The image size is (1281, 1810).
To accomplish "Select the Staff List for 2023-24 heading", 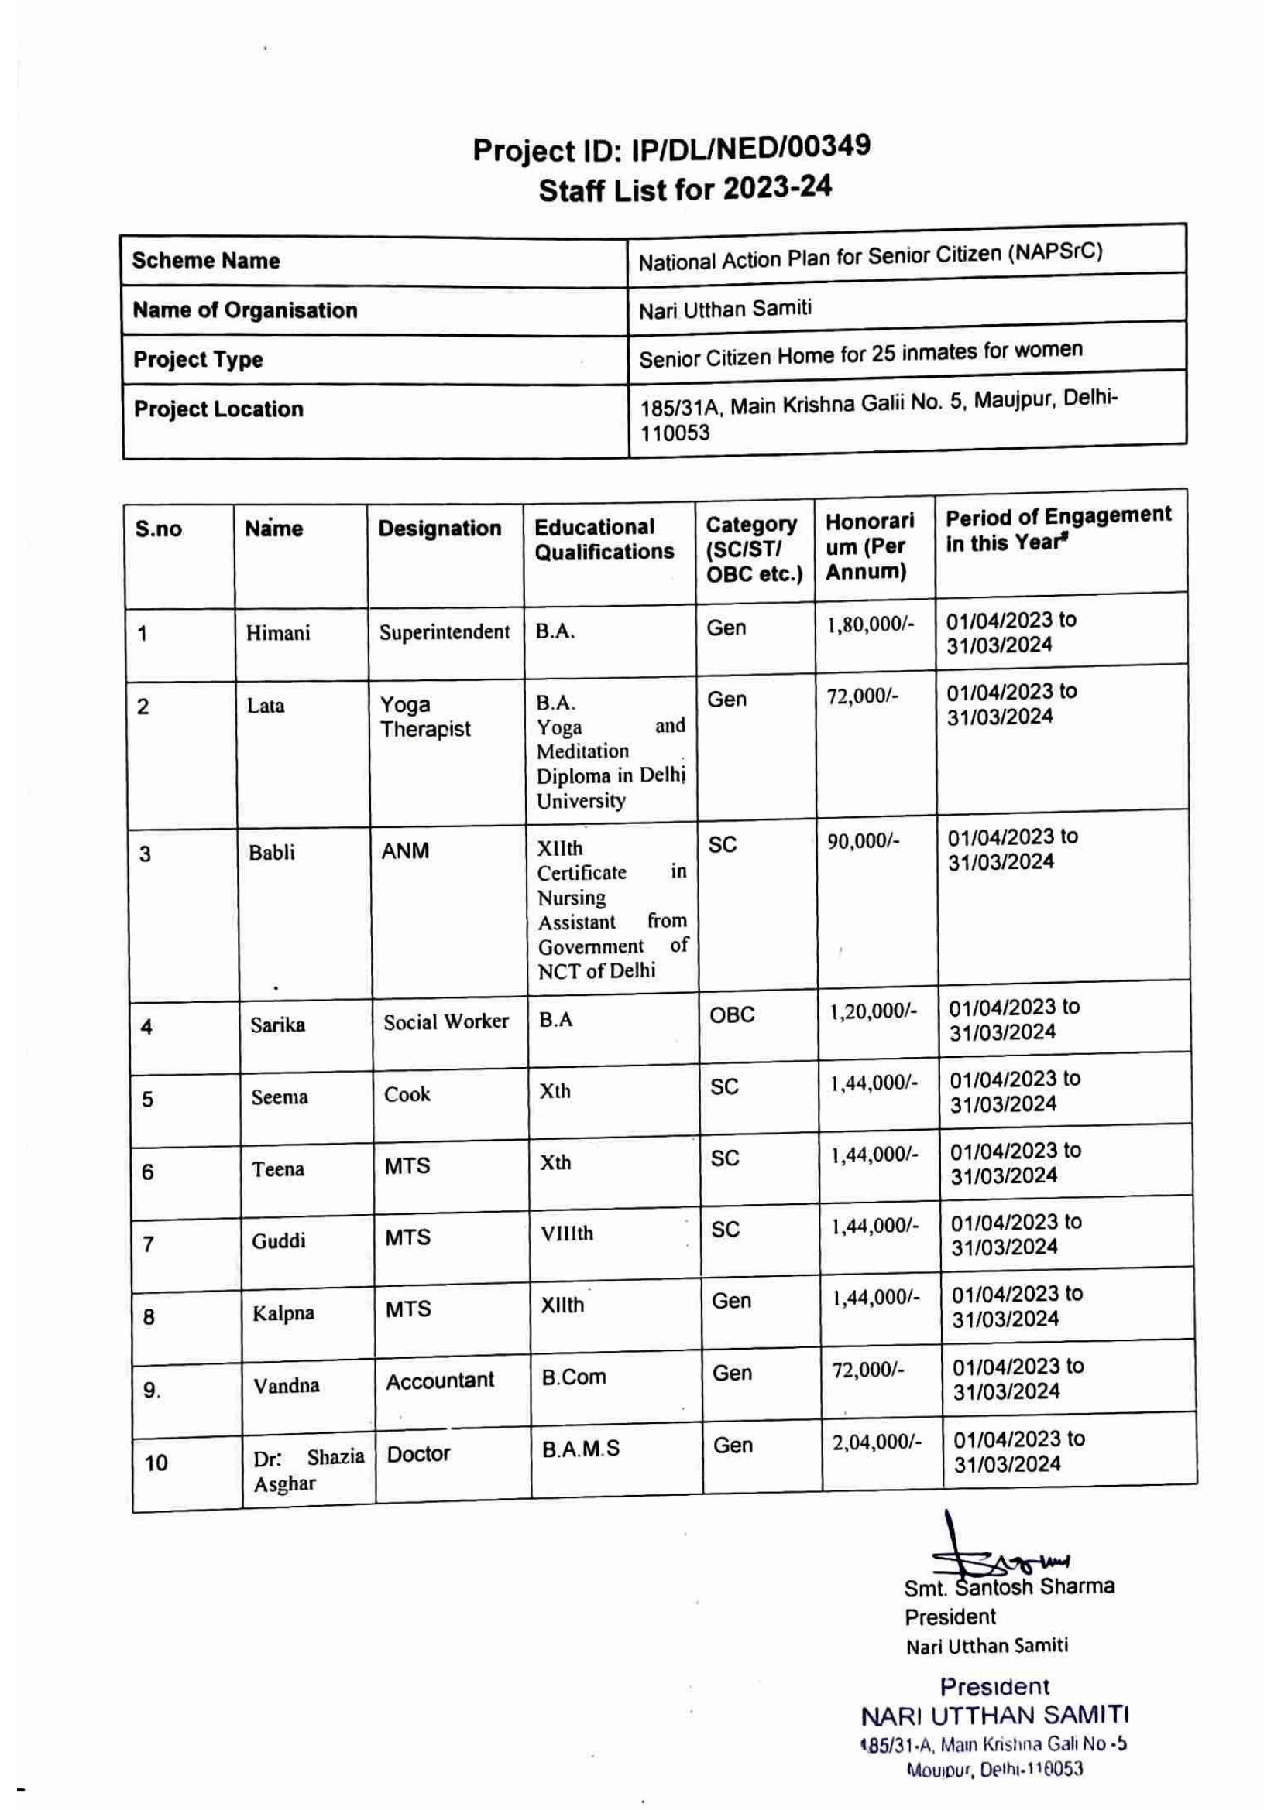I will coord(685,189).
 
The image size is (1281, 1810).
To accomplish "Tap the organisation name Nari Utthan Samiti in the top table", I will coord(724,309).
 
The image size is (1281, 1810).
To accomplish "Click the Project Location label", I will coord(218,409).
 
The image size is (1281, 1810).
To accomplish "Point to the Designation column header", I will coord(439,529).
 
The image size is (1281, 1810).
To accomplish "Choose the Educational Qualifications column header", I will coord(604,539).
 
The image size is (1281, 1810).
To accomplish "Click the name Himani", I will coord(278,633).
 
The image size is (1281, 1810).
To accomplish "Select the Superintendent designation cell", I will coord(444,632).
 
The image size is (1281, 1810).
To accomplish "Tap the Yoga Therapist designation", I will coord(424,717).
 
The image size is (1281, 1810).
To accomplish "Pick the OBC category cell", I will coord(731,1015).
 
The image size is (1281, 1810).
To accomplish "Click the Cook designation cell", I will coord(407,1094).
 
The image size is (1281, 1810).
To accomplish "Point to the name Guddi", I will coord(279,1241).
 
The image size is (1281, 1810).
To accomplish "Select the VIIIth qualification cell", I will coord(566,1233).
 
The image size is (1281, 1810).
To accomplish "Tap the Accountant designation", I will coord(439,1381).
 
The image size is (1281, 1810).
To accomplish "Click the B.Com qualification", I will coord(573,1377).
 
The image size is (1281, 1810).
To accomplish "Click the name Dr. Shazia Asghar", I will coord(308,1470).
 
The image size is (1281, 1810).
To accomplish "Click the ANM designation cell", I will coord(404,851).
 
